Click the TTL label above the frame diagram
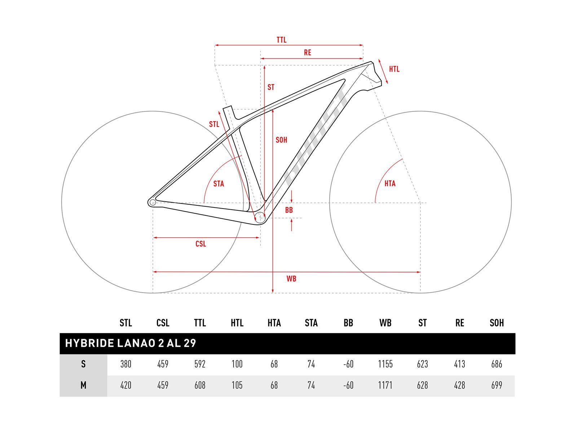[281, 40]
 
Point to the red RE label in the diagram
[307, 53]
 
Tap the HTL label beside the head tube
[394, 69]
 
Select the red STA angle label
[219, 184]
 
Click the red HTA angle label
[390, 183]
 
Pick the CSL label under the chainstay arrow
[201, 244]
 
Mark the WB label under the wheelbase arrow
[291, 279]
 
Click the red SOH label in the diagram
[281, 140]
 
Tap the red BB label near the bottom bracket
[289, 210]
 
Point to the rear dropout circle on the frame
[153, 202]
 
